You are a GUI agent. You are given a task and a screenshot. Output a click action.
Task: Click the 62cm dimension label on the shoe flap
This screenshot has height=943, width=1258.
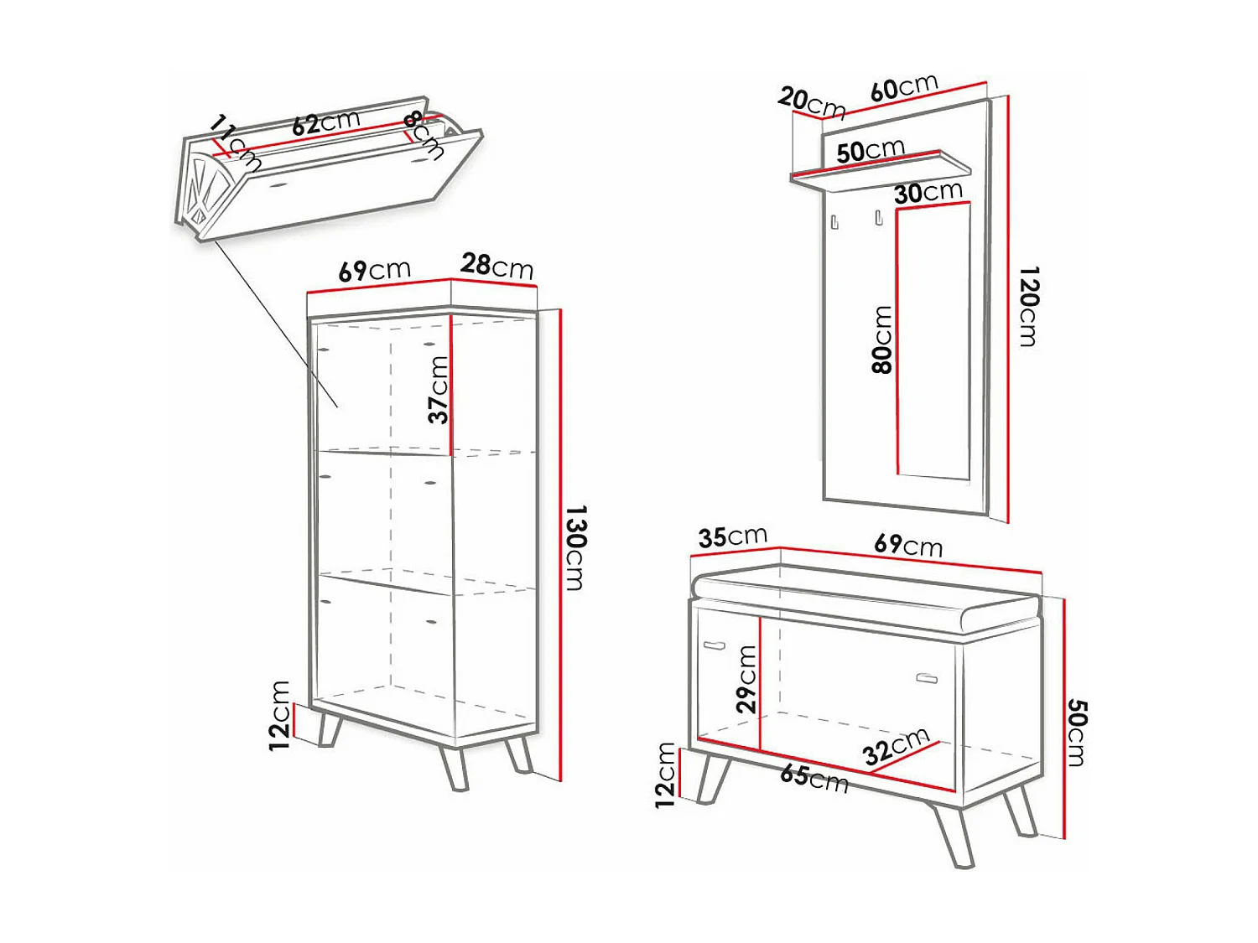325,123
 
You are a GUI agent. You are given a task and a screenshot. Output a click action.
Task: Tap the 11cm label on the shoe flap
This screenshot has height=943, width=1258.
233,140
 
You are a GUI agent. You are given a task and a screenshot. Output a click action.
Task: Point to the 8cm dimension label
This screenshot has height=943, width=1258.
424,134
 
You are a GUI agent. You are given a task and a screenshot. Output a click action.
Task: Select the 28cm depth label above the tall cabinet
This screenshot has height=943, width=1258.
496,266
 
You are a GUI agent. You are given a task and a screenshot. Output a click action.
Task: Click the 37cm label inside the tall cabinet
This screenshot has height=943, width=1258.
438,390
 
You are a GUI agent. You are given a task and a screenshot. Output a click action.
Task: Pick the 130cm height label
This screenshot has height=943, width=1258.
575,547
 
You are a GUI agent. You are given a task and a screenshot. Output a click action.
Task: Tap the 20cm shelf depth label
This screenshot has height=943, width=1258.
810,102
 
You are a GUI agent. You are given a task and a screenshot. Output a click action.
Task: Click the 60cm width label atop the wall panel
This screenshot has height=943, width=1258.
903,87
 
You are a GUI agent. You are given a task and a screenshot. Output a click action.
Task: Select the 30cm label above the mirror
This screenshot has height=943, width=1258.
928,193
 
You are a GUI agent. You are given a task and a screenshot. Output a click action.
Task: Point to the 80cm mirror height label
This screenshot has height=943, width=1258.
881,339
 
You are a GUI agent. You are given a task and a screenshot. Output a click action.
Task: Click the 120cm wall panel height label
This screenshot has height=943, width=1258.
1028,306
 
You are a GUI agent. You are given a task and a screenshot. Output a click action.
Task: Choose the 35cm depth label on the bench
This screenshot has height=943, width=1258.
732,536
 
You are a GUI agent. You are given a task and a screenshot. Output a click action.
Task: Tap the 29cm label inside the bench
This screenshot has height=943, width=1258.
746,679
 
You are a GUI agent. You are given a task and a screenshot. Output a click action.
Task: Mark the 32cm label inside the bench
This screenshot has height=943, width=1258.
896,745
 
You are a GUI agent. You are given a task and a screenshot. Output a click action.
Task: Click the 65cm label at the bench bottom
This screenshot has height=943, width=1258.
814,777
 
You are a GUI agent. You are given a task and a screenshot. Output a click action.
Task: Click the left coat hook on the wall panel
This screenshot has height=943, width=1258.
834,222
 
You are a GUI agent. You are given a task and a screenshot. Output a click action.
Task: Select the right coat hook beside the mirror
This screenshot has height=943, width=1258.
878,218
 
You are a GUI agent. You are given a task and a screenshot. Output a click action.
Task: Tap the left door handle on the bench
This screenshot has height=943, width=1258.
714,645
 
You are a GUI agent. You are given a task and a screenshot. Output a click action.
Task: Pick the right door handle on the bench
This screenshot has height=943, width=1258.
927,677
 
